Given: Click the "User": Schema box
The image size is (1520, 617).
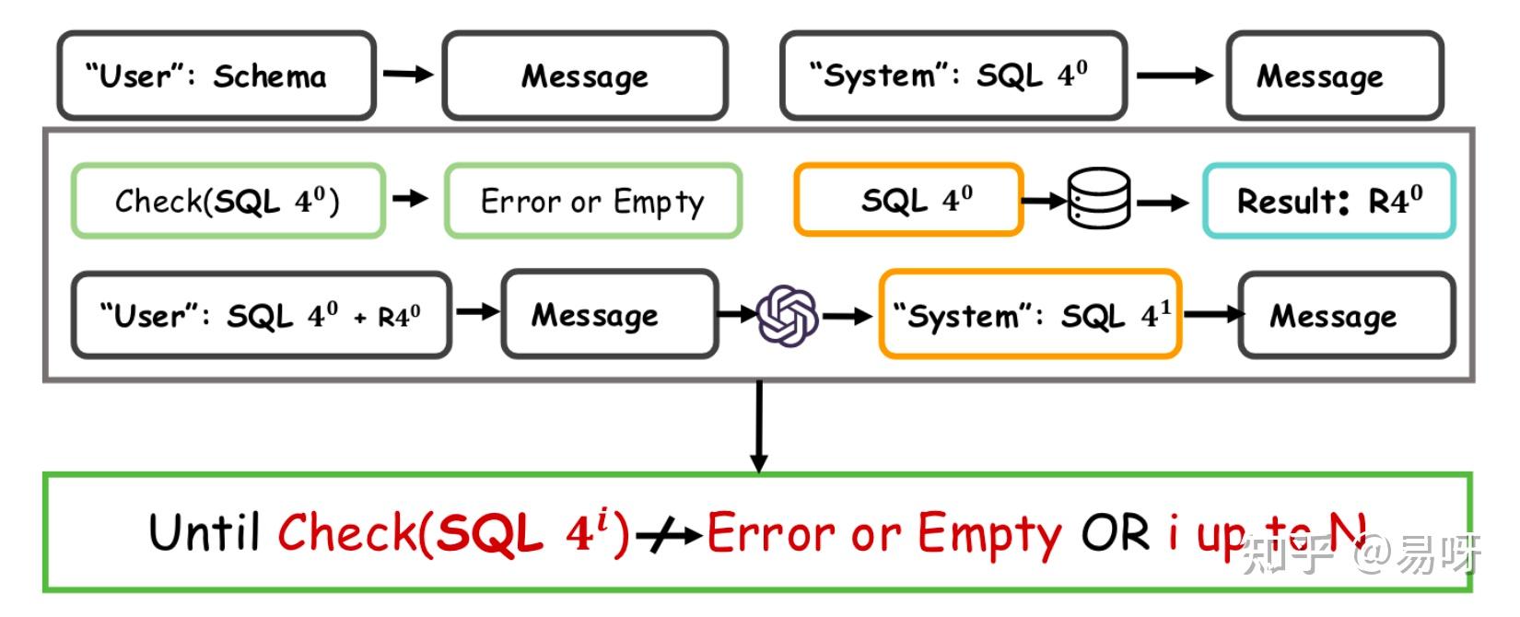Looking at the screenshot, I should (216, 76).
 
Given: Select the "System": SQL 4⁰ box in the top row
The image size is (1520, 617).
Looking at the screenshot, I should (953, 76).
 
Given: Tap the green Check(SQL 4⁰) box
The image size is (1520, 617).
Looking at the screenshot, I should (228, 201).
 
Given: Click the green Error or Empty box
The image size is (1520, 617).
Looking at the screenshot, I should (593, 201).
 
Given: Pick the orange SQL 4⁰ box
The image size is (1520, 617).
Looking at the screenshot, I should (908, 200).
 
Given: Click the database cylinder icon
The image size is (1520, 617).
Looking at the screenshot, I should (1098, 198).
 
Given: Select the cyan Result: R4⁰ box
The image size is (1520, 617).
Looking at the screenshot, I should (1328, 201).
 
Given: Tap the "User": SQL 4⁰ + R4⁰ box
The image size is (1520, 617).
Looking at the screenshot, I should (262, 315).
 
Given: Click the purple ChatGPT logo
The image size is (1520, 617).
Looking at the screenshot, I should (788, 316).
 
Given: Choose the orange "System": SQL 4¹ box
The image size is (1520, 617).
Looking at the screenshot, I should (1030, 315).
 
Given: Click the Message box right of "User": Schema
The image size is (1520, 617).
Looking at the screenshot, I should (585, 76).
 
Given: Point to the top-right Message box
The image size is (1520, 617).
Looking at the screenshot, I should (1334, 76).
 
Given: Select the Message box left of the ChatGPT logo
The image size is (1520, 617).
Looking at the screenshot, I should (609, 315).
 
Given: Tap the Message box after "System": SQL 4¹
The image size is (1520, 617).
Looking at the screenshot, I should (1346, 315).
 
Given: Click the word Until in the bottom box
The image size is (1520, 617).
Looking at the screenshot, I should (205, 532).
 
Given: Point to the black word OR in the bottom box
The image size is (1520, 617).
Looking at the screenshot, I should (1115, 532).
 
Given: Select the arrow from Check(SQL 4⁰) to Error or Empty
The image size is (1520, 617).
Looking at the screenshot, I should (411, 198).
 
